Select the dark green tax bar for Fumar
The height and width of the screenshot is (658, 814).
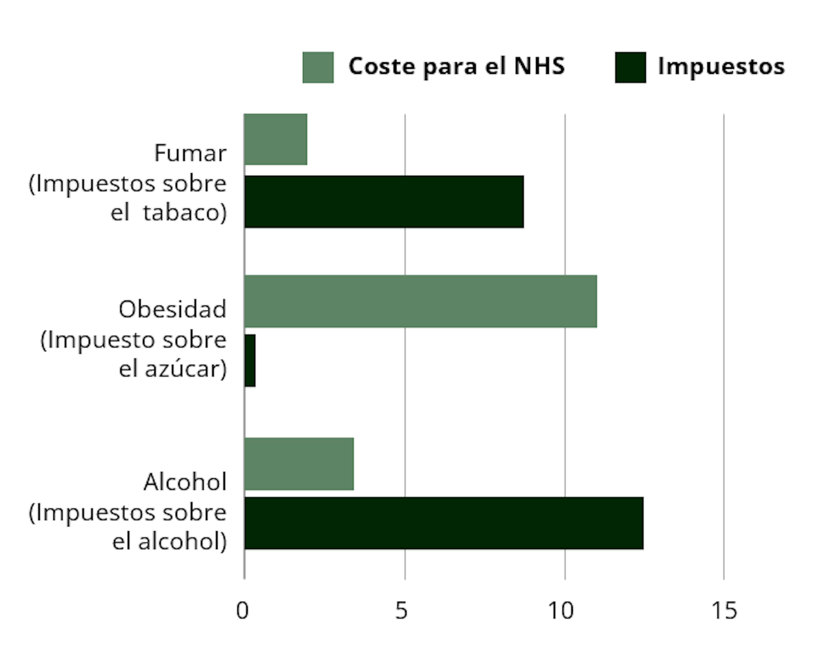(x=384, y=202)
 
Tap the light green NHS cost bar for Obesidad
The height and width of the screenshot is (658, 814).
(x=420, y=301)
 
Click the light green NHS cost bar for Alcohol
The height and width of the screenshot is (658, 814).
(x=299, y=464)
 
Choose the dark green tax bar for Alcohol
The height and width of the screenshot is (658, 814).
(x=444, y=523)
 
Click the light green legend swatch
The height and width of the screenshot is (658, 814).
(x=318, y=67)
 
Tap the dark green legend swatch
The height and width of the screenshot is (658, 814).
(x=630, y=67)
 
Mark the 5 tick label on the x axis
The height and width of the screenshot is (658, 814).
(x=401, y=611)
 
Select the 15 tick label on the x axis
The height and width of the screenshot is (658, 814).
(x=724, y=611)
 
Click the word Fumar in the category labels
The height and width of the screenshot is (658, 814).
(x=190, y=153)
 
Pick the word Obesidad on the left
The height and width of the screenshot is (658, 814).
(x=172, y=309)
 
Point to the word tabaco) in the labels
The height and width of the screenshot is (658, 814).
(x=185, y=213)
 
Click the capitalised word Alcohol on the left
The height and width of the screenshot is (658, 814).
(x=185, y=482)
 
